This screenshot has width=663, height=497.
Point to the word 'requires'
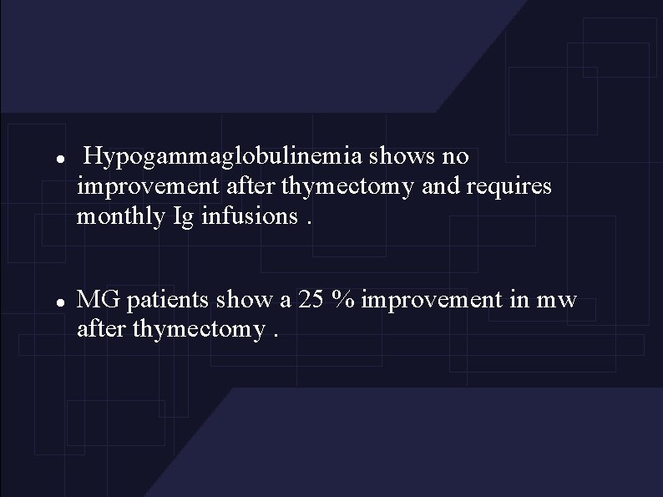516,186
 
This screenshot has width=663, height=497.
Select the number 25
311,300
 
